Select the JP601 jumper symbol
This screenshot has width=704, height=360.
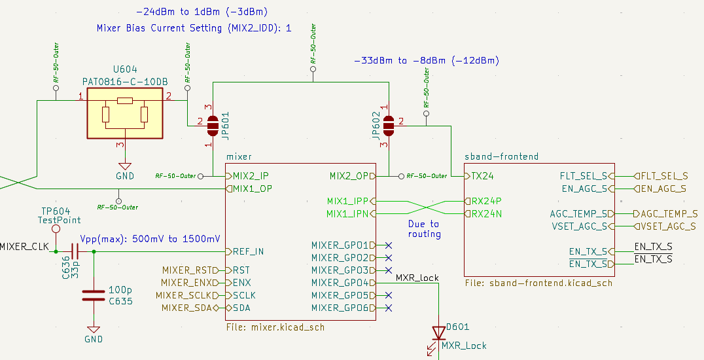point(212,123)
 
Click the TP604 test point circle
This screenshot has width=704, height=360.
point(56,230)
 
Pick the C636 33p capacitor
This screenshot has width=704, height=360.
point(75,251)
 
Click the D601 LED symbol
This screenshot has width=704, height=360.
point(436,333)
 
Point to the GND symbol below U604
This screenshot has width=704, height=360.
point(124,166)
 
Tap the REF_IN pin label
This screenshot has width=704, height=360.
point(251,251)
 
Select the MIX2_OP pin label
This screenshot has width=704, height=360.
point(349,176)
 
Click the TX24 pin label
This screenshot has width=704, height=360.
point(483,176)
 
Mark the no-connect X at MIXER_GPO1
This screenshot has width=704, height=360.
point(389,245)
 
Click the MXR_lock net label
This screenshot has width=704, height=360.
point(417,278)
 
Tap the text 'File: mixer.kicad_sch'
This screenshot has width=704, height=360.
point(274,327)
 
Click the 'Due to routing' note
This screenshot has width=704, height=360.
point(424,228)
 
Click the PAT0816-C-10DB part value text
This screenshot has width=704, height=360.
point(125,81)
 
